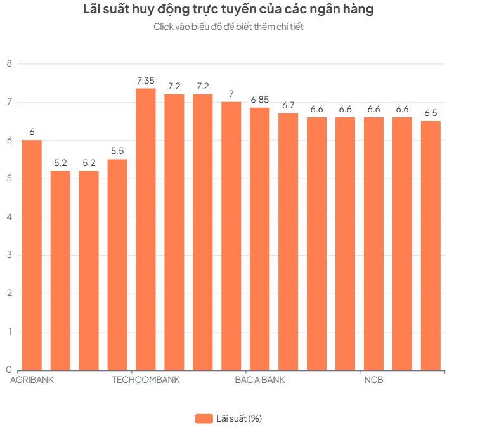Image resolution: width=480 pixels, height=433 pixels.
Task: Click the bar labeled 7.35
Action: [x=146, y=228]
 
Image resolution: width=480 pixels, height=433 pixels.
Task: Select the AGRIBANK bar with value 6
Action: [x=32, y=254]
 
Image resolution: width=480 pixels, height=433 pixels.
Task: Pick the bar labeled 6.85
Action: [x=259, y=238]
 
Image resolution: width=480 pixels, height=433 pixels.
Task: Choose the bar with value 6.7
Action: [x=288, y=241]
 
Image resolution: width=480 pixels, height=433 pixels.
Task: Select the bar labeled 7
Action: [x=231, y=235]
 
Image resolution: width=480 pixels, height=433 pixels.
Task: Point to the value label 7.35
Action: [x=146, y=81]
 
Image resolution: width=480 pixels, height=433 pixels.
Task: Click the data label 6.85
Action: [x=259, y=100]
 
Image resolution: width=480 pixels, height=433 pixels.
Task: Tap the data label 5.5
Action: [x=117, y=152]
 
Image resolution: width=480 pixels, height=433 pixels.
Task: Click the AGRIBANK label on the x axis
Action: [x=32, y=380]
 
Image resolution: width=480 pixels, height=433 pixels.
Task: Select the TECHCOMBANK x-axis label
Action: [x=146, y=380]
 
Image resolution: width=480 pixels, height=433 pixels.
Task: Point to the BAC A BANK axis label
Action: [x=259, y=380]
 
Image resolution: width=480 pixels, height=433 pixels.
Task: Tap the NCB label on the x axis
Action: [x=373, y=380]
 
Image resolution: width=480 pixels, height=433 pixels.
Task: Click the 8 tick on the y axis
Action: [x=9, y=63]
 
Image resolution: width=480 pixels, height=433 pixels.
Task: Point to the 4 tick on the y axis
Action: [x=9, y=217]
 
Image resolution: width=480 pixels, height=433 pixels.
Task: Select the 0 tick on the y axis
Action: [x=9, y=370]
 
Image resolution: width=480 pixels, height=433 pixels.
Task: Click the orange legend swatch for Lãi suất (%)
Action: [x=204, y=418]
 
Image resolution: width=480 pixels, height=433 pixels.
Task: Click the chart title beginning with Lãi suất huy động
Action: [x=228, y=10]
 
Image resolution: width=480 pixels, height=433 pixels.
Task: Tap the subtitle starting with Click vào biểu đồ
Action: [x=228, y=27]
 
